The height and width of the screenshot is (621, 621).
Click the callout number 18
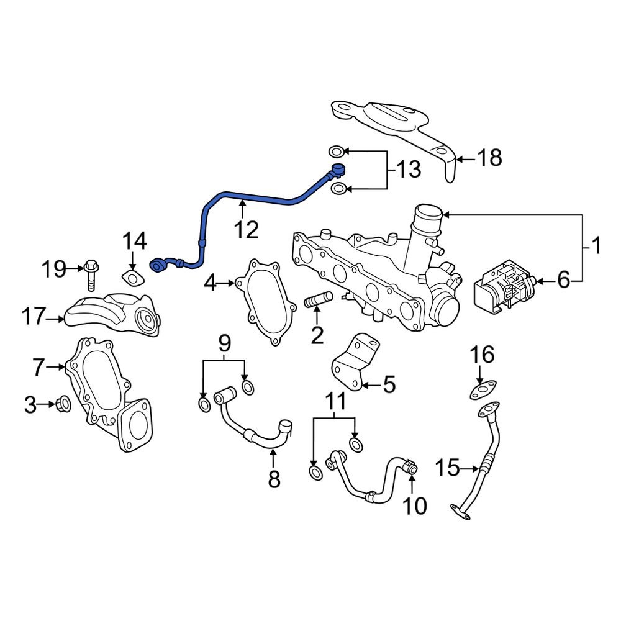489,158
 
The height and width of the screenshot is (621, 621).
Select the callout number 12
246,230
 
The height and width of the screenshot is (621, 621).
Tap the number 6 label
563,281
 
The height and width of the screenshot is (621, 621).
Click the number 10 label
415,506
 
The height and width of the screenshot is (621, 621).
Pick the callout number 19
54,269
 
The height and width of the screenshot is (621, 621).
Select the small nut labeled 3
63,405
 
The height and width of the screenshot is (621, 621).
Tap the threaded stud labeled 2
317,303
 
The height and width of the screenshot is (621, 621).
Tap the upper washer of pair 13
335,152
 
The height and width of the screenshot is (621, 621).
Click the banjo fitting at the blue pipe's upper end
337,169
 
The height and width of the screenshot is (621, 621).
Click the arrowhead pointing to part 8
272,455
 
